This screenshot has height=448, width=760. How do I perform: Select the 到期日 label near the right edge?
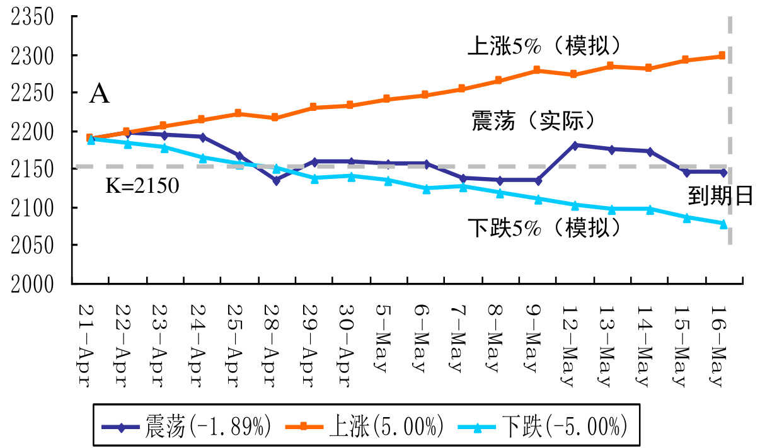pos(720,197)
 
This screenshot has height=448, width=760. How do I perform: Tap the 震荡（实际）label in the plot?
pos(534,120)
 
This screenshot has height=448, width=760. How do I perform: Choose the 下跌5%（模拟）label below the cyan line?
pos(544,227)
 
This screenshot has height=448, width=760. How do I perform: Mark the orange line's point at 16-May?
pos(722,55)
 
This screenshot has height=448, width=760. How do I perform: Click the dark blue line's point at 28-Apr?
pos(276,180)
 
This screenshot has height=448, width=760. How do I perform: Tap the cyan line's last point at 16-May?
pos(723,223)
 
